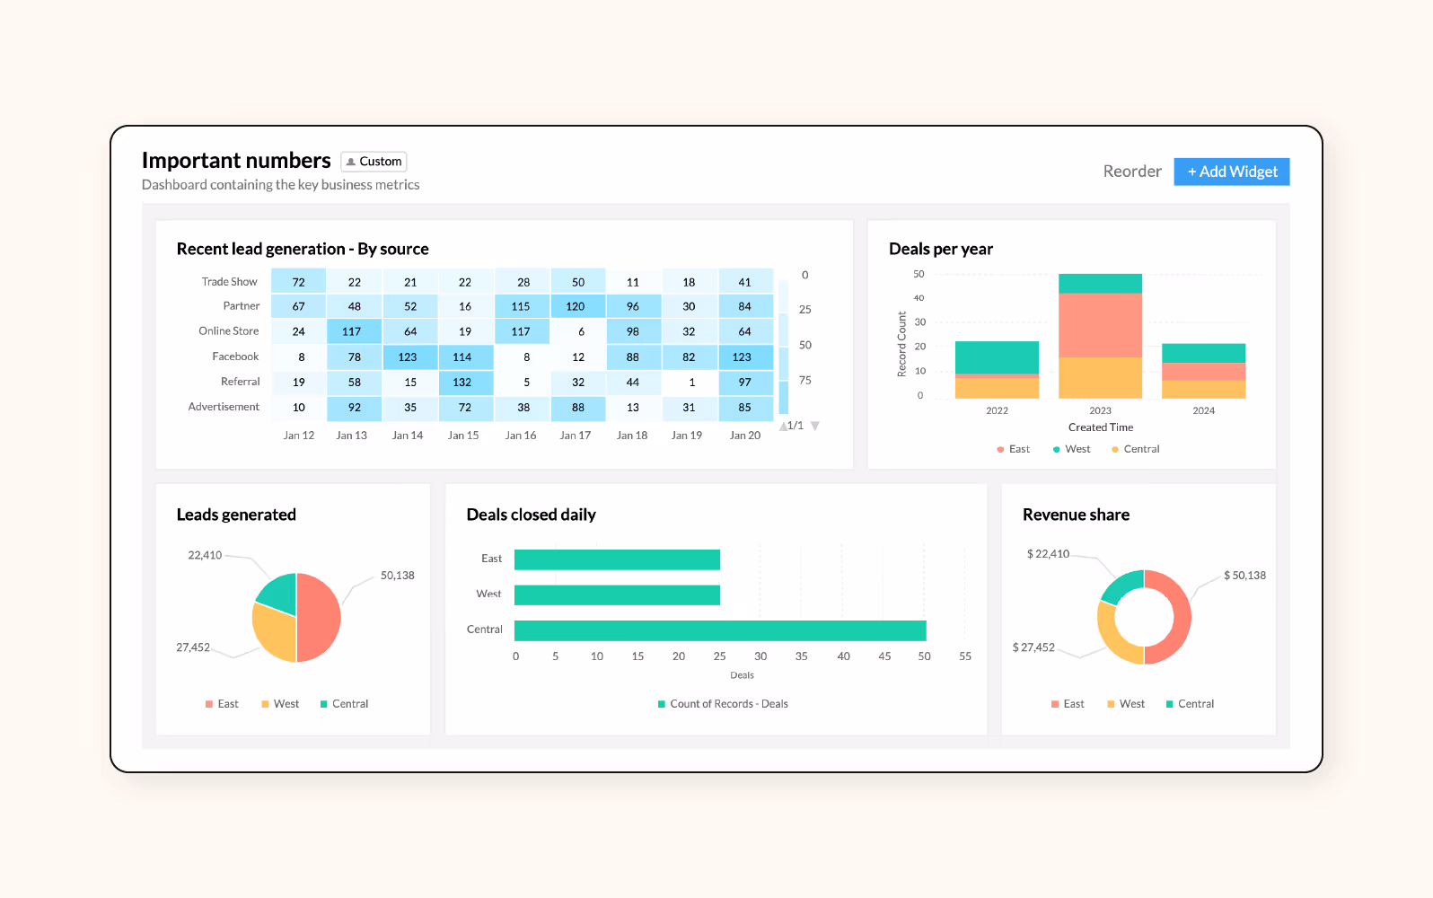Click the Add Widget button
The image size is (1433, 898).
1231,172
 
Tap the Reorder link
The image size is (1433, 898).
1131,172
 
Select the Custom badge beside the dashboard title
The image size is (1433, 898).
374,162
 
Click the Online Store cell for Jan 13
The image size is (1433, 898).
354,331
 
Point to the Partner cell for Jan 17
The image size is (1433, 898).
576,306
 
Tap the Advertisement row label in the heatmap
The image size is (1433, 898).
224,407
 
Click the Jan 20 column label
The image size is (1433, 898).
744,436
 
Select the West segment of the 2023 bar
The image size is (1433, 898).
1100,284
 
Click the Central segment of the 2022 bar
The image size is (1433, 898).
997,388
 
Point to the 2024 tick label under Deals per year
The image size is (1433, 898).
1203,411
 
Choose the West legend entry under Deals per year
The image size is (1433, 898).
1072,449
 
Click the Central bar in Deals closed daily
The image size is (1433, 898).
719,630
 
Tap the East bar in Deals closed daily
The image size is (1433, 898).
617,559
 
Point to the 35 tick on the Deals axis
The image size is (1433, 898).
801,656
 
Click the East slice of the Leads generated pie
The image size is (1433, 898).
320,618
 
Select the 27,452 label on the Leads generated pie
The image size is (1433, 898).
193,647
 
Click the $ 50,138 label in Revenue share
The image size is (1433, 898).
1244,576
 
